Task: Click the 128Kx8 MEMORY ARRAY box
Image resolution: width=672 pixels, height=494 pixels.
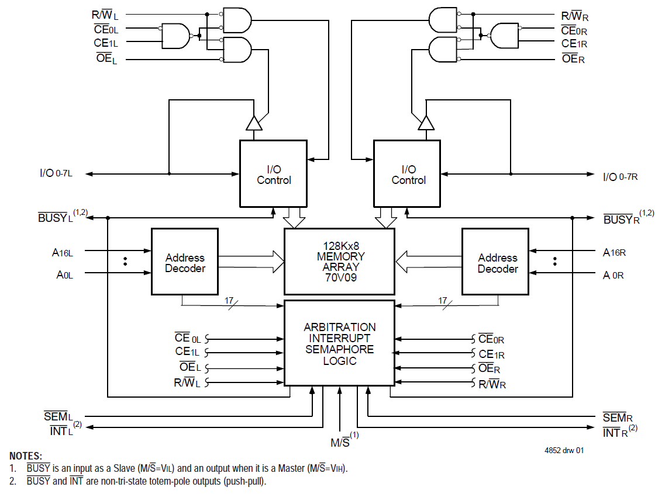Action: tap(339, 261)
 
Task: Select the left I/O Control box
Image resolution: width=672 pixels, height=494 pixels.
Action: tap(273, 173)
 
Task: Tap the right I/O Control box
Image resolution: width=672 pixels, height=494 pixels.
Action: tap(408, 173)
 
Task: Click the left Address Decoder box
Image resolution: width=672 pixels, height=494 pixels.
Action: tap(185, 261)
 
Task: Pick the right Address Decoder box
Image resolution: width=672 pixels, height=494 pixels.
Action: tap(495, 261)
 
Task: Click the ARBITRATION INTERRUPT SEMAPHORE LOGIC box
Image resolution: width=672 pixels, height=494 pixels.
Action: tap(339, 343)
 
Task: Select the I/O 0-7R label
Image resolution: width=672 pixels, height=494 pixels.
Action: tap(620, 176)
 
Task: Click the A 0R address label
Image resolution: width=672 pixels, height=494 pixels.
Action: tap(614, 274)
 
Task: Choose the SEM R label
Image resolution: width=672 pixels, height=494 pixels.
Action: tap(618, 418)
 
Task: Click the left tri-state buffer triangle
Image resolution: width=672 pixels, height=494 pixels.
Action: tap(254, 123)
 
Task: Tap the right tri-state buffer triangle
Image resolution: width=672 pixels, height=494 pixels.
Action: tap(426, 123)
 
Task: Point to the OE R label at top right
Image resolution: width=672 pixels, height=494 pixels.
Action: tap(573, 58)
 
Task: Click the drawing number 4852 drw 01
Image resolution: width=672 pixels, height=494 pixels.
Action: tap(563, 450)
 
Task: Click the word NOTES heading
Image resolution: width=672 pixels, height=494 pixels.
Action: tap(26, 455)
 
